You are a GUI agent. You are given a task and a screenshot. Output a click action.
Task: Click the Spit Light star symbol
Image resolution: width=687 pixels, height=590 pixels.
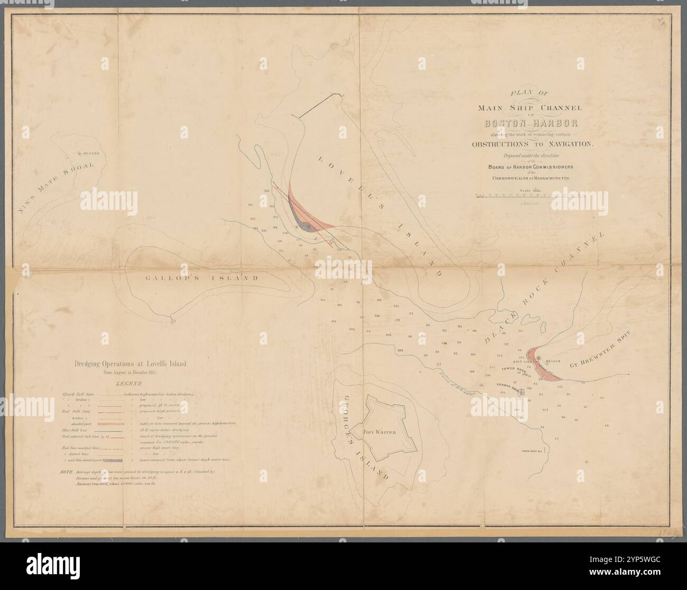tap(539, 358)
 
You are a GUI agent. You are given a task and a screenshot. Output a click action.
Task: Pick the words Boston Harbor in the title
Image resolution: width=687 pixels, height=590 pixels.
tap(531, 124)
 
